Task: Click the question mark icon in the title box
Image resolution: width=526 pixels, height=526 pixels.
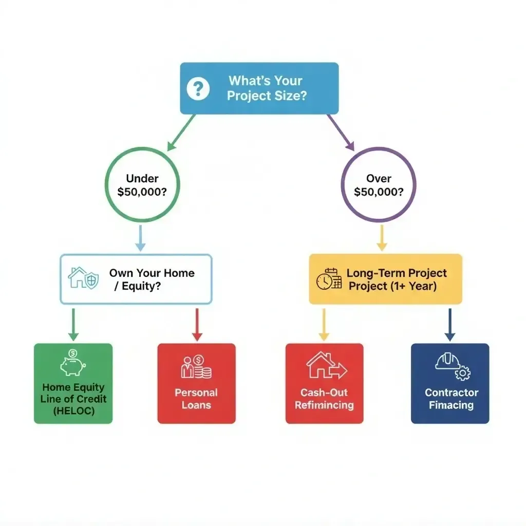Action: [x=198, y=89]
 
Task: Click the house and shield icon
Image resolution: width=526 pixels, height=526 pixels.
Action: [x=83, y=277]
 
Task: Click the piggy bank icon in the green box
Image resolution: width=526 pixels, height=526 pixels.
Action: [x=72, y=363]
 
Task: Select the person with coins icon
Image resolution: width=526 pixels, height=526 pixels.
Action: [x=196, y=366]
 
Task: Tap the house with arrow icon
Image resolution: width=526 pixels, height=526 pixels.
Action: [x=326, y=366]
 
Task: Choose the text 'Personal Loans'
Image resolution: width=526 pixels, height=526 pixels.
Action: [x=196, y=399]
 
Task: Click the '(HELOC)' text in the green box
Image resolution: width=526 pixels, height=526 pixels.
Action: [x=73, y=411]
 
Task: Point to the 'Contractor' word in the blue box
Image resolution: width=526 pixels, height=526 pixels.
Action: [x=452, y=392]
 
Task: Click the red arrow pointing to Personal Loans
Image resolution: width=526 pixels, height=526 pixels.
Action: [x=196, y=324]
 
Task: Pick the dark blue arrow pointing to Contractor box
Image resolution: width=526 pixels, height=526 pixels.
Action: [x=450, y=324]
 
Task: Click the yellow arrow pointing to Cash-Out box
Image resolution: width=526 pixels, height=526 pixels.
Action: [x=324, y=324]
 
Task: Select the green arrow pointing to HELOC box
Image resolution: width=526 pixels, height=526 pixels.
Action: [x=73, y=324]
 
